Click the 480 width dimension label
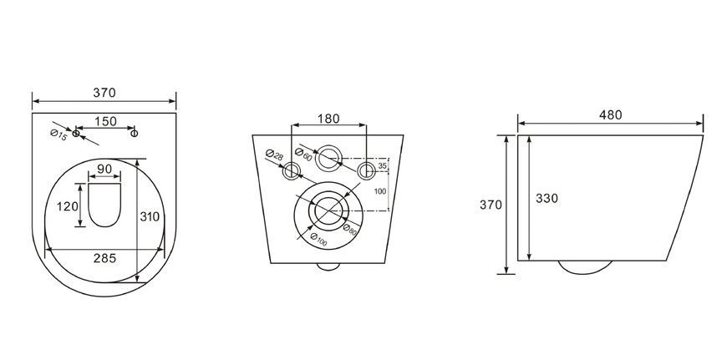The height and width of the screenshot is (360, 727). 610,115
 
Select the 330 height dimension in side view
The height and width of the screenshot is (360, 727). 547,198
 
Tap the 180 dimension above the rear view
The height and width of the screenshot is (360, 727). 328,119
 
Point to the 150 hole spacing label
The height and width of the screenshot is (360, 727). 106,121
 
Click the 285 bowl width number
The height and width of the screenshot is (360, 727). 104,259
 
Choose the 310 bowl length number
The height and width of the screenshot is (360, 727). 150,216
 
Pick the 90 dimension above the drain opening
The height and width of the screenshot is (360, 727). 104,169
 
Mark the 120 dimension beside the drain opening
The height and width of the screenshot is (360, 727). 68,206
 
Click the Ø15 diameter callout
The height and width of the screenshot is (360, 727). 58,136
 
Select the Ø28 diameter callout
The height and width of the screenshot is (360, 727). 274,155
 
